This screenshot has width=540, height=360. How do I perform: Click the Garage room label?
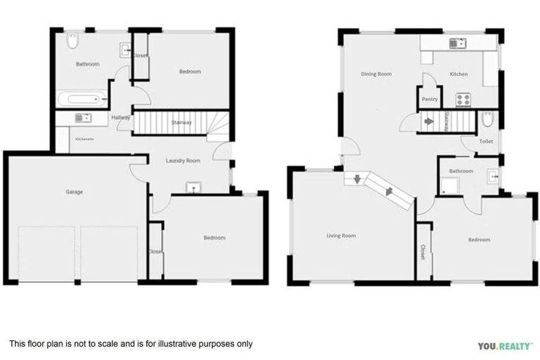pos(75,191)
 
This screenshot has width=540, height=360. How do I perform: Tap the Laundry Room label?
pos(183,161)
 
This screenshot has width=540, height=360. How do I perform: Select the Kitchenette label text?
pos(84,139)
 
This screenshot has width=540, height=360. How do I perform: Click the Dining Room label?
pos(376,74)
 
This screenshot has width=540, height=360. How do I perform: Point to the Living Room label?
pos(341,236)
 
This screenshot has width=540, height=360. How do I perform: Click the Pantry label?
pos(430,99)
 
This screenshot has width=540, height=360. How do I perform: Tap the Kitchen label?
pos(458,74)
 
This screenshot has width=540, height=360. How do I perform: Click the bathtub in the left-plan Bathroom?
pos(83,99)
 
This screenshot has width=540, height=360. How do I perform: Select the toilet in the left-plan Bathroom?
pos(71,43)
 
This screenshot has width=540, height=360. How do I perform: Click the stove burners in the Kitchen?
pos(462,99)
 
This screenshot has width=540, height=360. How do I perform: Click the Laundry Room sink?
pos(191,188)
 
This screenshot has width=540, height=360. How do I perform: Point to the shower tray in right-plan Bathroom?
pos(449,186)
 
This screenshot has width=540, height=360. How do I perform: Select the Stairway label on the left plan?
pos(181,123)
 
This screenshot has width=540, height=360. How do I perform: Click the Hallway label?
pos(121,117)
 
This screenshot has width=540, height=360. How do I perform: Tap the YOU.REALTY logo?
pos(505,346)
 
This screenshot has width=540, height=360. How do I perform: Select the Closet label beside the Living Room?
pos(423,252)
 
